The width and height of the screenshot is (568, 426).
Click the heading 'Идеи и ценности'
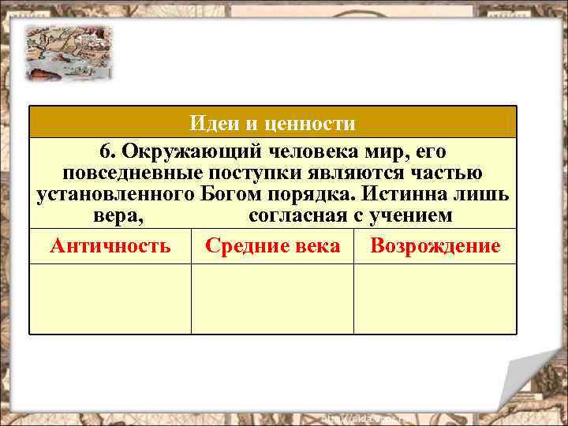[273, 124]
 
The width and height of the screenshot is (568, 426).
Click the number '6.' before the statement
[108, 150]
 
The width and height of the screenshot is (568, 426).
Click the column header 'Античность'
[110, 246]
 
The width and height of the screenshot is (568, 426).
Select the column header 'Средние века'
[273, 246]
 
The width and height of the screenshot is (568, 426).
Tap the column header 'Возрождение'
[435, 246]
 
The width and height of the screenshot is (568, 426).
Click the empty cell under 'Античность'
[110, 298]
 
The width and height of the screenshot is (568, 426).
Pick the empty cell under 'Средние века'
[273, 298]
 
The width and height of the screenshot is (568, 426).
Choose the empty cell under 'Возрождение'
[435, 298]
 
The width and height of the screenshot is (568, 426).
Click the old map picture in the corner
[67, 52]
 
